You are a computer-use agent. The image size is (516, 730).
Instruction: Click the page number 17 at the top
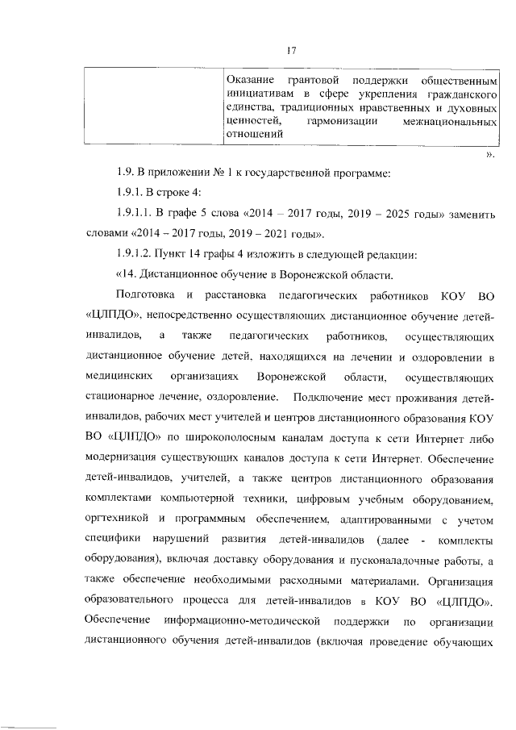coord(292,51)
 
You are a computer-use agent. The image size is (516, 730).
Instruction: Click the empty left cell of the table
coord(152,108)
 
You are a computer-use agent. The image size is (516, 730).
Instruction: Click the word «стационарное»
coord(119,398)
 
